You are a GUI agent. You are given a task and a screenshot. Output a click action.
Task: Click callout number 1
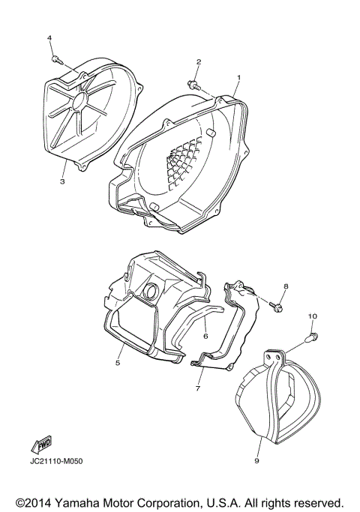pyautogui.click(x=238, y=78)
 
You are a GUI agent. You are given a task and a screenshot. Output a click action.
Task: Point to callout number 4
pyautogui.click(x=49, y=37)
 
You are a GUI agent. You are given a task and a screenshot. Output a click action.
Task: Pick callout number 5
pyautogui.click(x=117, y=363)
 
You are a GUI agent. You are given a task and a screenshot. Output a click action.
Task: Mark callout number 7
pyautogui.click(x=199, y=389)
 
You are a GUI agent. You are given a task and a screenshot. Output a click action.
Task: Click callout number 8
pyautogui.click(x=286, y=287)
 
